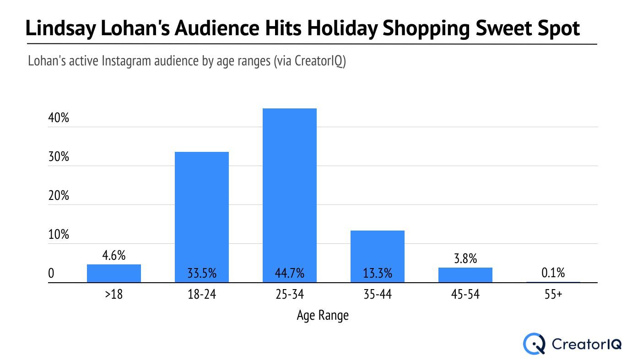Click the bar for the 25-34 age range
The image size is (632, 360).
click(x=290, y=195)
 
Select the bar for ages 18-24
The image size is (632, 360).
click(x=202, y=217)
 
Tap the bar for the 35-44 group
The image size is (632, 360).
click(x=378, y=257)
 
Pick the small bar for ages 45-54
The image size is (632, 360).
click(x=465, y=275)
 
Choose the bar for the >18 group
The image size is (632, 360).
click(x=113, y=274)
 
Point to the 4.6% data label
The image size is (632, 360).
click(x=113, y=255)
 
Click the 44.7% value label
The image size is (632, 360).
click(x=290, y=273)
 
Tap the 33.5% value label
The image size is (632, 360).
click(x=202, y=273)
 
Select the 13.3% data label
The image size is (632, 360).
click(x=378, y=273)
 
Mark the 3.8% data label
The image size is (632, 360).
click(x=465, y=258)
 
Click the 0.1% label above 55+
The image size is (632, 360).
click(x=553, y=273)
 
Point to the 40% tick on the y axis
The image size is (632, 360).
click(x=59, y=118)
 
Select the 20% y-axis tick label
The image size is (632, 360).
click(x=59, y=195)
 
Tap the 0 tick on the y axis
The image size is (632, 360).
click(x=51, y=273)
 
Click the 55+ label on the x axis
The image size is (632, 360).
click(x=553, y=294)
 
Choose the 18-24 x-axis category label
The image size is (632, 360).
click(x=202, y=294)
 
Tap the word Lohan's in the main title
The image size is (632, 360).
click(x=135, y=28)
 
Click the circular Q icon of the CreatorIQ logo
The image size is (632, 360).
click(x=534, y=344)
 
